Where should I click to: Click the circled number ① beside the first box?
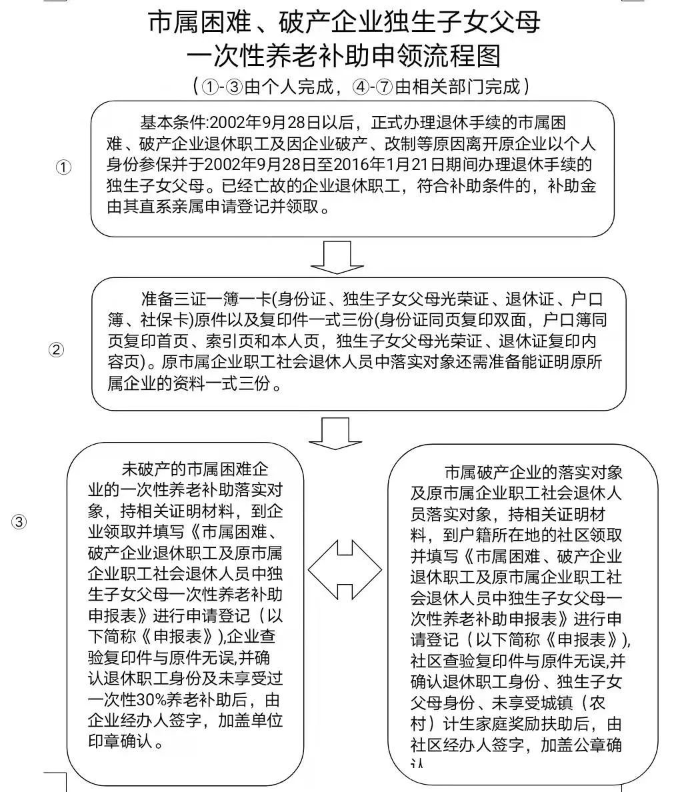pos(63,168)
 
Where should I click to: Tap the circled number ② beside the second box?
pos(57,349)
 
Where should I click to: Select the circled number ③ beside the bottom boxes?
pos(19,522)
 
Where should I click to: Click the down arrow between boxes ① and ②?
pos(337,257)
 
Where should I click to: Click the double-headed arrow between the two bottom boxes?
pos(345,569)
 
